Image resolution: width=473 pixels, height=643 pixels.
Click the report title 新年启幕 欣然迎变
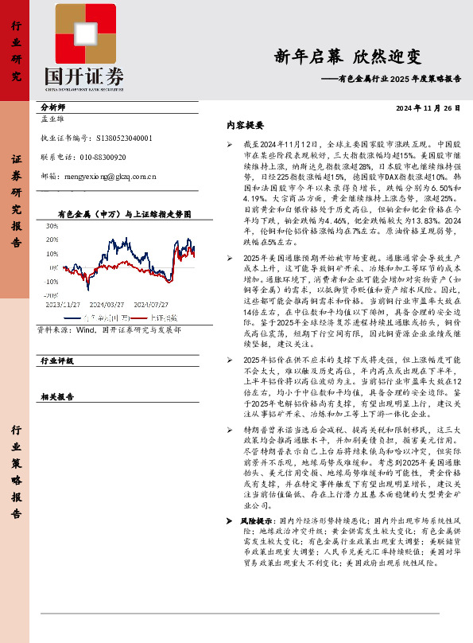[347, 57]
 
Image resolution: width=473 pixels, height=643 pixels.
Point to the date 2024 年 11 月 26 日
[428, 108]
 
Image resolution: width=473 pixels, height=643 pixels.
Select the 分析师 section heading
[52, 106]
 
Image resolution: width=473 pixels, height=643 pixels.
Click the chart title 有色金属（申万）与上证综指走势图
[125, 215]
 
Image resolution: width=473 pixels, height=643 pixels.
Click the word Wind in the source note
[83, 328]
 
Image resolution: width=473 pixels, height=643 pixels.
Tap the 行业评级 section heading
[56, 360]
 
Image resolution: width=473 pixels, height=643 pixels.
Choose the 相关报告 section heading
[56, 396]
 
